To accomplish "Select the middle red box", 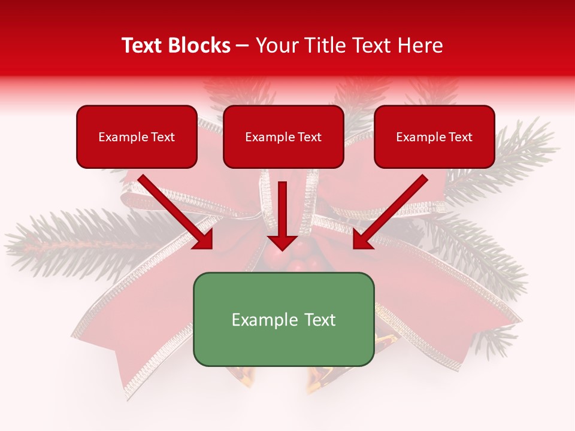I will coord(283,153).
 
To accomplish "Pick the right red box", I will coord(434,153).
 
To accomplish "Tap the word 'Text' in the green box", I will coord(320,320).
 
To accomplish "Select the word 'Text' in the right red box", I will coord(460,137).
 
